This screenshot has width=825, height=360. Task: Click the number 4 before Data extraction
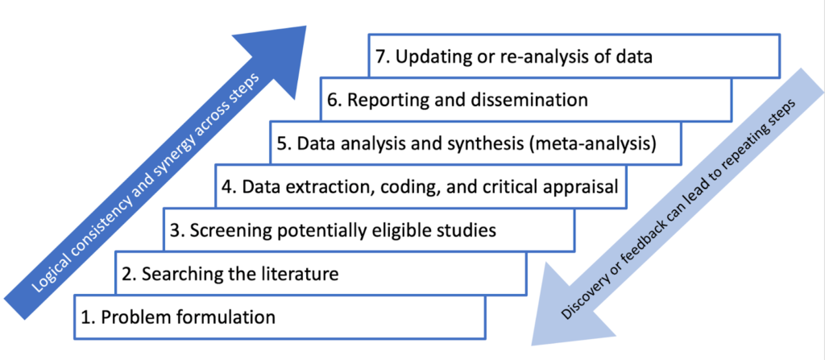click(228, 187)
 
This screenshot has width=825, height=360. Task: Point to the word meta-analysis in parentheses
click(597, 144)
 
